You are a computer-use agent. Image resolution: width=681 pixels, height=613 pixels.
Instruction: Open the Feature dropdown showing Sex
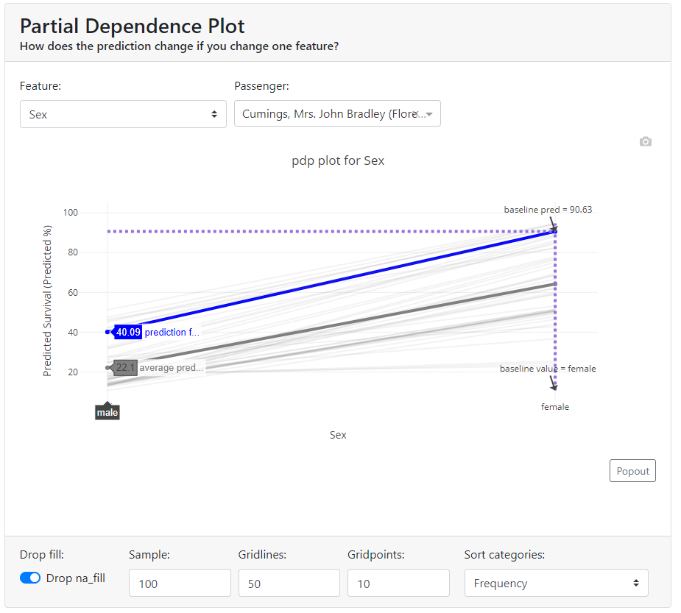(x=122, y=114)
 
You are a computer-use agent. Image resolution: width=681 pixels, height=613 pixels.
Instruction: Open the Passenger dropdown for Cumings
(x=336, y=114)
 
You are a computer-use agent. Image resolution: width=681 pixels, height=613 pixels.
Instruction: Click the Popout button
(x=632, y=471)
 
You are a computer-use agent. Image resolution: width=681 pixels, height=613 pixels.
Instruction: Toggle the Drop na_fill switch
(x=30, y=578)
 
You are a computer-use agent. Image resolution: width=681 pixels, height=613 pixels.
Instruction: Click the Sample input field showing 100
(x=179, y=583)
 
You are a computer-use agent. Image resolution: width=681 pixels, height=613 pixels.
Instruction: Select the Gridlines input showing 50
(x=289, y=583)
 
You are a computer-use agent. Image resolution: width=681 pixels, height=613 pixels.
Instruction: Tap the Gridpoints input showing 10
(x=398, y=583)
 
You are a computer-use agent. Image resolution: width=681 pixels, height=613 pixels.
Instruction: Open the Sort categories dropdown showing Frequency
(x=556, y=583)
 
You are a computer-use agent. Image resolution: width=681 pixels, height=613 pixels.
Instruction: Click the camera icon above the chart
(x=646, y=141)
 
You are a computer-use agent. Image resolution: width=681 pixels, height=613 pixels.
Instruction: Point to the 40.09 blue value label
(x=128, y=332)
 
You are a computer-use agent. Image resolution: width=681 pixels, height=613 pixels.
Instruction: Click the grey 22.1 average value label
(x=126, y=367)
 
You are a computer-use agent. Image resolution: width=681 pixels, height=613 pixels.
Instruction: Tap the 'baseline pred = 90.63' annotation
(x=548, y=210)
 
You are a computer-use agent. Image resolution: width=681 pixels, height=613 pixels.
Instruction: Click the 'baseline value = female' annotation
(x=548, y=369)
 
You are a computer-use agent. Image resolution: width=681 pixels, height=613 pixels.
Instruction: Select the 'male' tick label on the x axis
(x=107, y=413)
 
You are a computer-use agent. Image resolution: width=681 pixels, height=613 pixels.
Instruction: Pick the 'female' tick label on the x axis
(x=555, y=407)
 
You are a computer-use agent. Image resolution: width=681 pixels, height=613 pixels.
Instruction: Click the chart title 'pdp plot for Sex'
(x=338, y=160)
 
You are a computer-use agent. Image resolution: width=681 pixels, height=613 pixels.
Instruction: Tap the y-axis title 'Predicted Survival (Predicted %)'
(x=48, y=302)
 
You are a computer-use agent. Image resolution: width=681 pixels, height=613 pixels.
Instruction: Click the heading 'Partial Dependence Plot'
(x=133, y=26)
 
